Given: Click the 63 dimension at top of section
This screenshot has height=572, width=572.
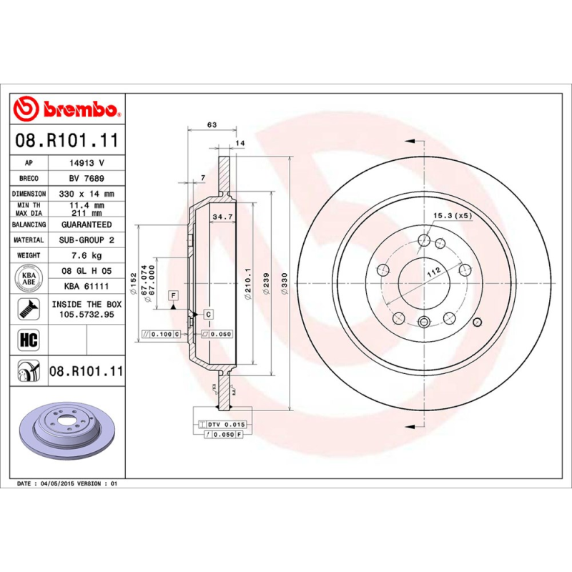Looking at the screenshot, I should pos(212,125).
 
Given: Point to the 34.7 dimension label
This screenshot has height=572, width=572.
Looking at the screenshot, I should pos(224,214).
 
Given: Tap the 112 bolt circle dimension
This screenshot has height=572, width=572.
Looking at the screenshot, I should pos(432,272).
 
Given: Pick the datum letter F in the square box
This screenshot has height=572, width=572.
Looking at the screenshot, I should pos(173,295).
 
